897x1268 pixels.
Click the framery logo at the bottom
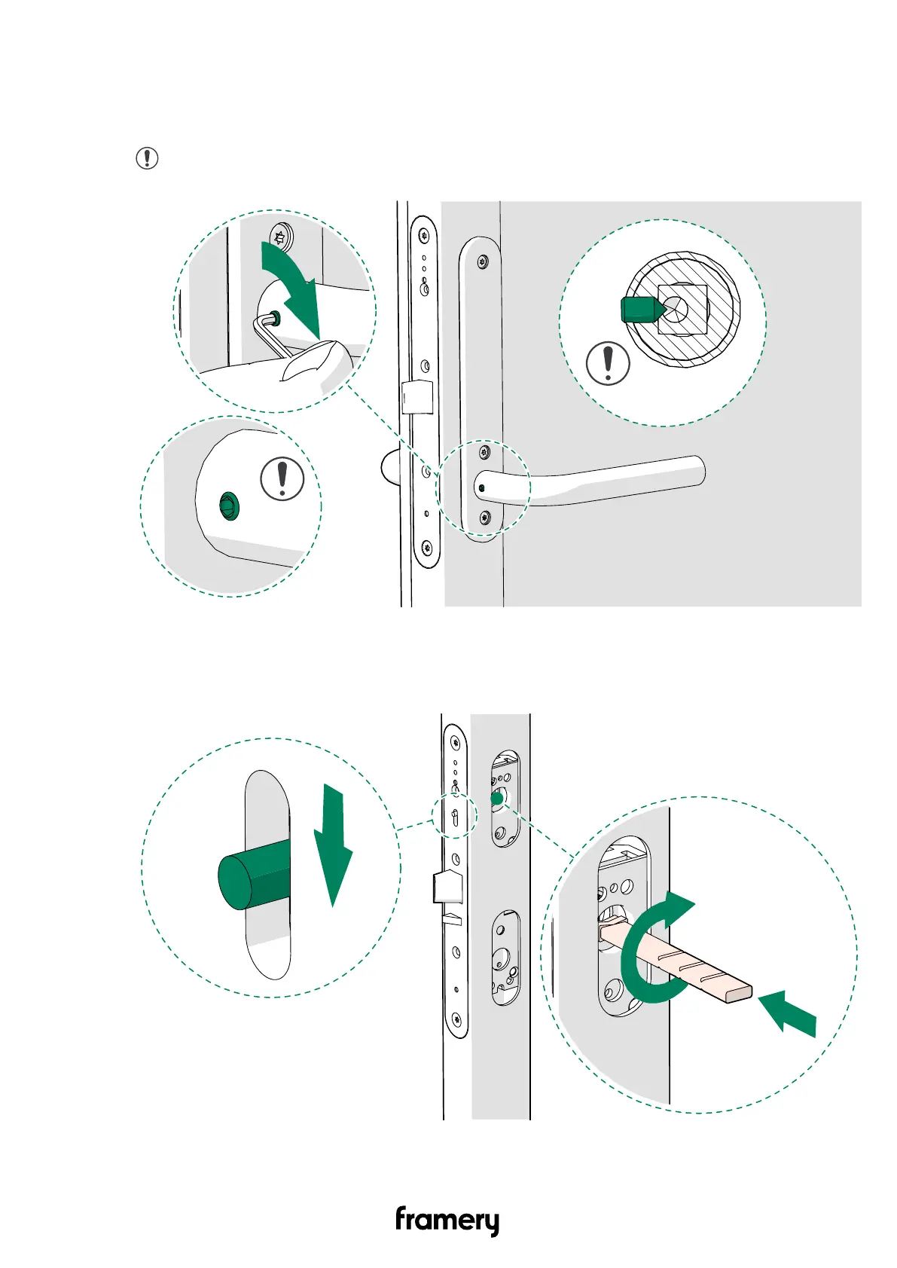(x=447, y=1221)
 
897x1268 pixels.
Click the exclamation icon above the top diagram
(x=147, y=158)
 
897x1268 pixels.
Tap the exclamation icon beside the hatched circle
(x=608, y=363)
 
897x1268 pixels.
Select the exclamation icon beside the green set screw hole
(x=282, y=478)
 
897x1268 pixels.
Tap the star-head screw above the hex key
(x=279, y=236)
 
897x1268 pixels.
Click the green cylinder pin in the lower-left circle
(x=255, y=875)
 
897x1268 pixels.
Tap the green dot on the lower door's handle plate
(x=497, y=798)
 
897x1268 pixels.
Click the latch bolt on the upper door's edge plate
(x=417, y=397)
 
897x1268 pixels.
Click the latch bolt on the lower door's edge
(x=448, y=887)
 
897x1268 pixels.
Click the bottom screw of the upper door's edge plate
(x=427, y=548)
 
